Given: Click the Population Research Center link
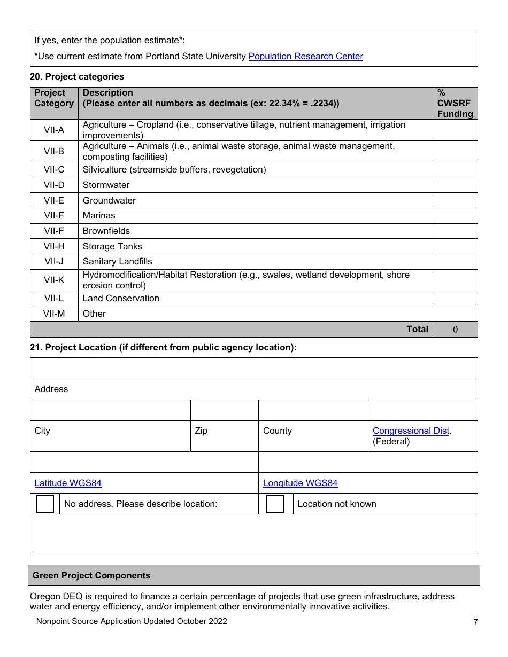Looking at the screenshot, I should [x=305, y=56].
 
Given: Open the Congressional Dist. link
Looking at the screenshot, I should [x=411, y=431].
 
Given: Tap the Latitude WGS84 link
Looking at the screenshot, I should [x=68, y=483].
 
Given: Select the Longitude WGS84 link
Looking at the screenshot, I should [x=300, y=483].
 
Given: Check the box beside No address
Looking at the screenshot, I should [x=45, y=504].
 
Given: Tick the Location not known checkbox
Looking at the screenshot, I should [x=275, y=504].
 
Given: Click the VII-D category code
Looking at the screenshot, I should [x=54, y=185].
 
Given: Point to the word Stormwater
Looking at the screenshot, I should [x=106, y=185].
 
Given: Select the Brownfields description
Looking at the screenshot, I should [x=106, y=231].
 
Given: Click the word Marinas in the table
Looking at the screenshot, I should [x=99, y=215].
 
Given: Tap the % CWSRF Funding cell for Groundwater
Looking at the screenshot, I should [x=455, y=200].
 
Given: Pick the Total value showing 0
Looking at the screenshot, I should [x=455, y=330].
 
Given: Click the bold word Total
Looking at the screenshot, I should [x=417, y=329].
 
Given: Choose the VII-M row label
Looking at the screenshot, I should [x=54, y=314].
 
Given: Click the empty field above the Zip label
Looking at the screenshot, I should [x=224, y=410].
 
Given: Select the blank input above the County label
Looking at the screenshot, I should [x=313, y=410].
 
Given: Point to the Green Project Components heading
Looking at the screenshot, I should [x=91, y=575].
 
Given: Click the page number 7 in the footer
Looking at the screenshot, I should [x=475, y=622].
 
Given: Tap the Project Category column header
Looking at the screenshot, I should [x=54, y=98].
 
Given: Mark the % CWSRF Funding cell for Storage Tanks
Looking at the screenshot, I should [x=455, y=246].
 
